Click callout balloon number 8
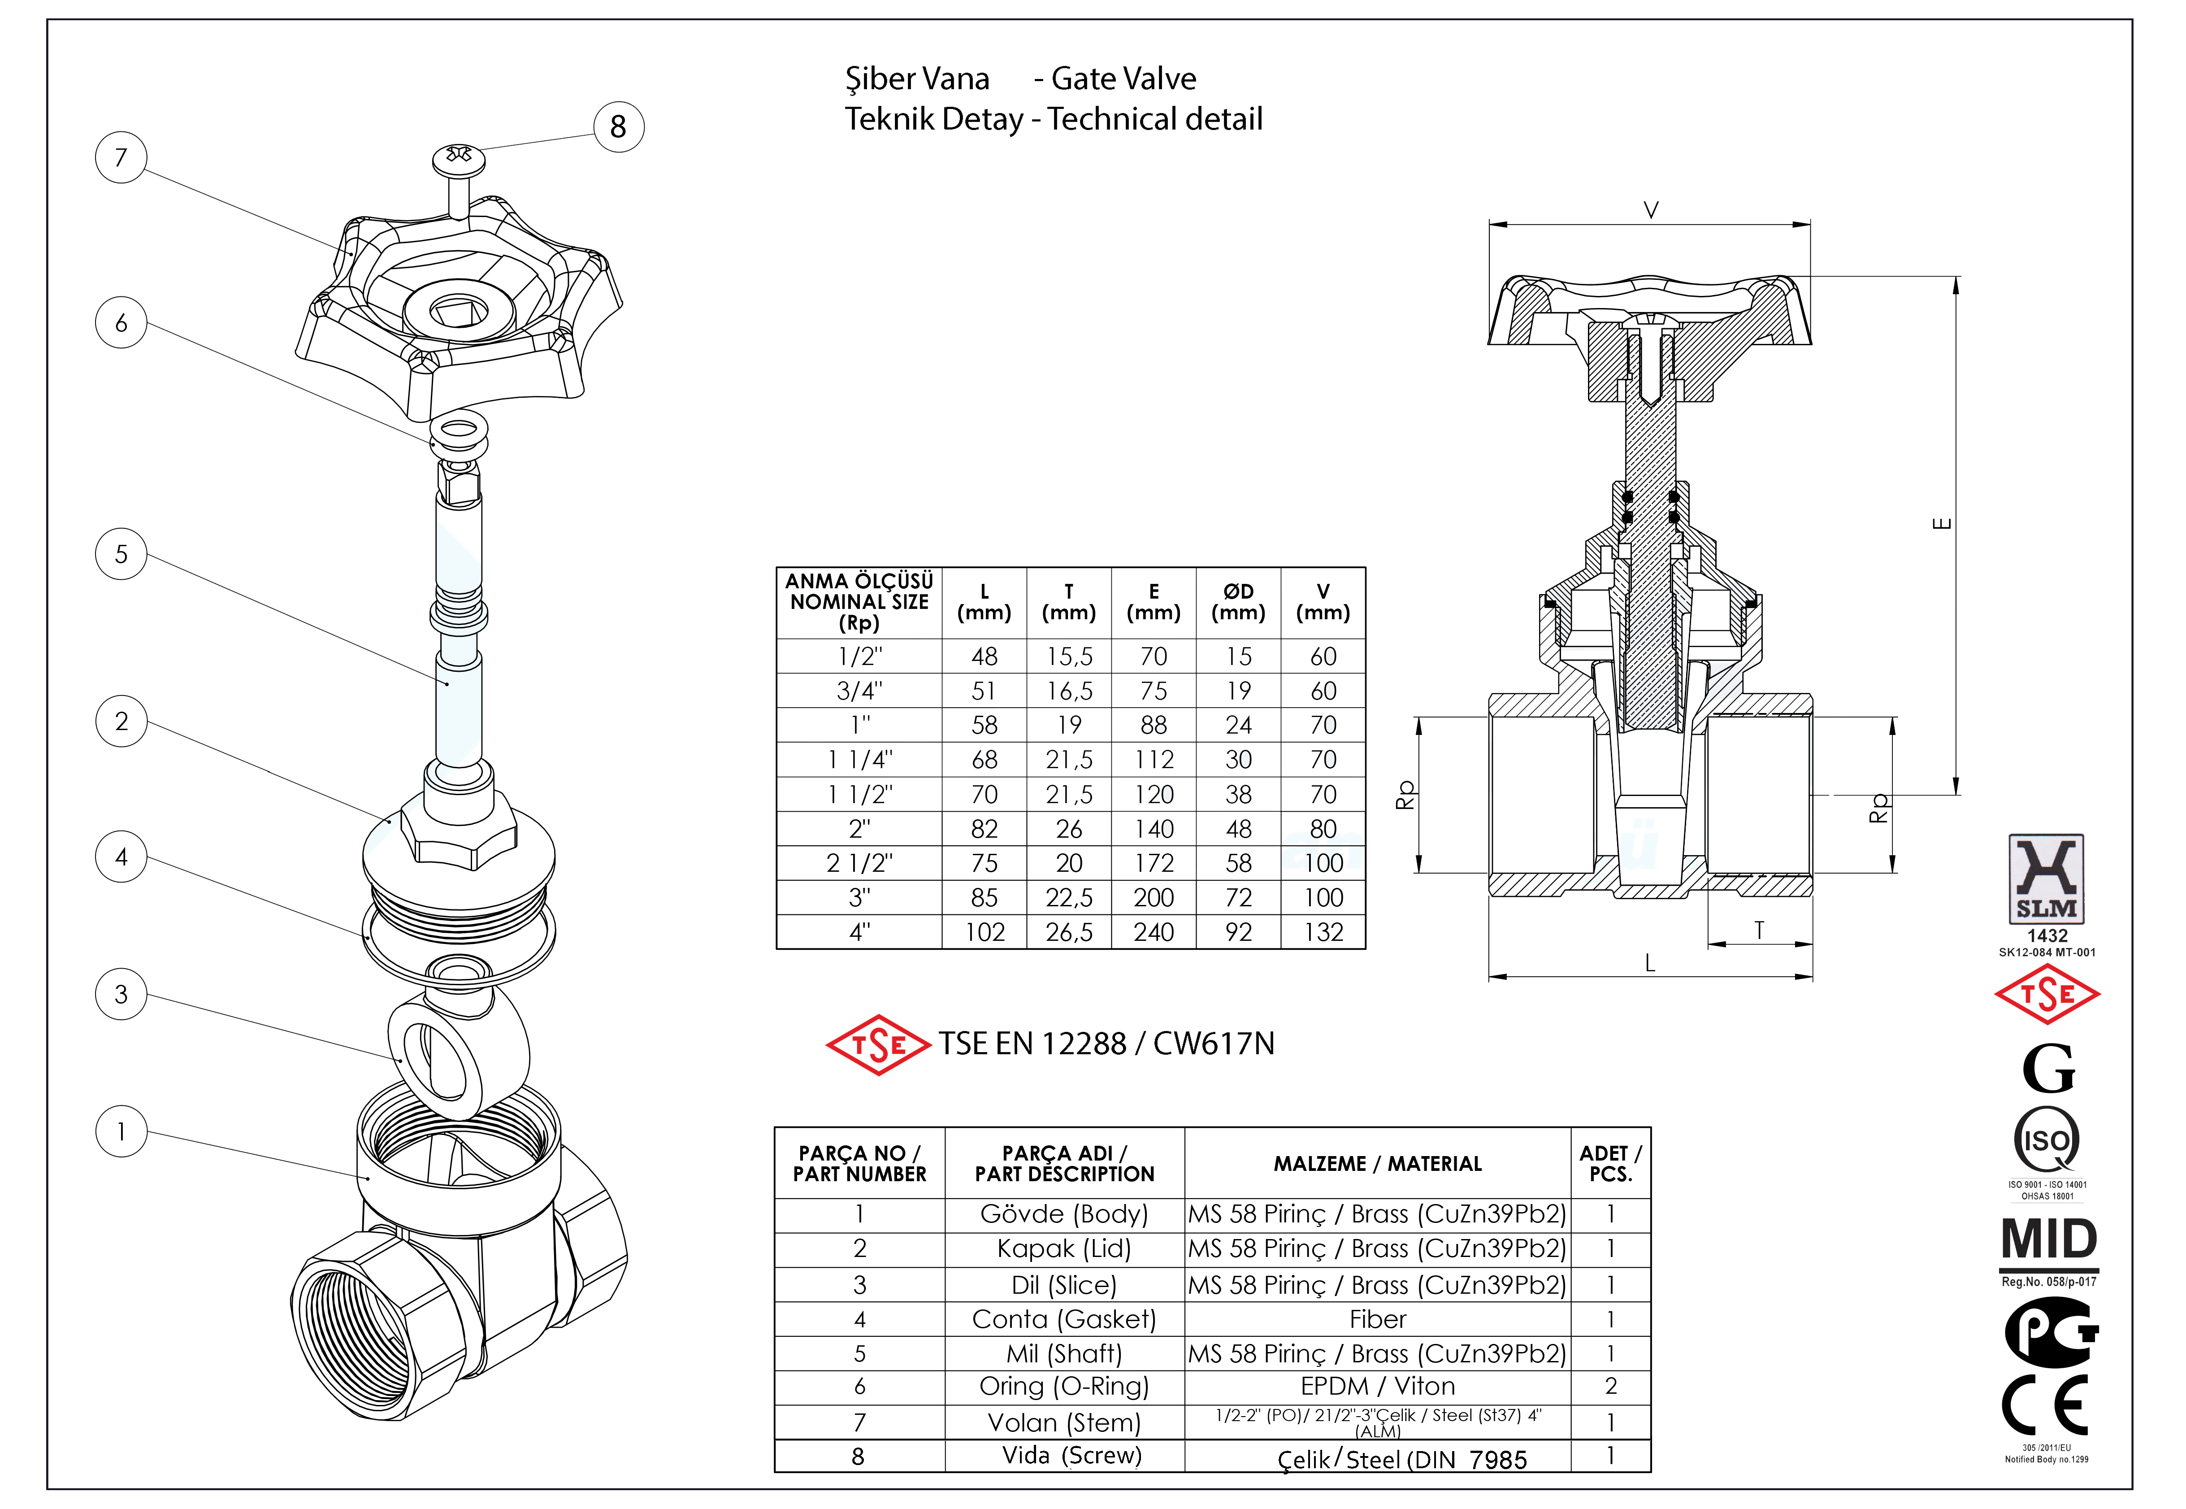pos(618,127)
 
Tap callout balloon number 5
pos(121,554)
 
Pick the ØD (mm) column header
pos(1238,602)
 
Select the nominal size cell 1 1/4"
pos(859,759)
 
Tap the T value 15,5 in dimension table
pos(1069,656)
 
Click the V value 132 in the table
pos(1323,932)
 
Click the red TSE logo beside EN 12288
pos(878,1045)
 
